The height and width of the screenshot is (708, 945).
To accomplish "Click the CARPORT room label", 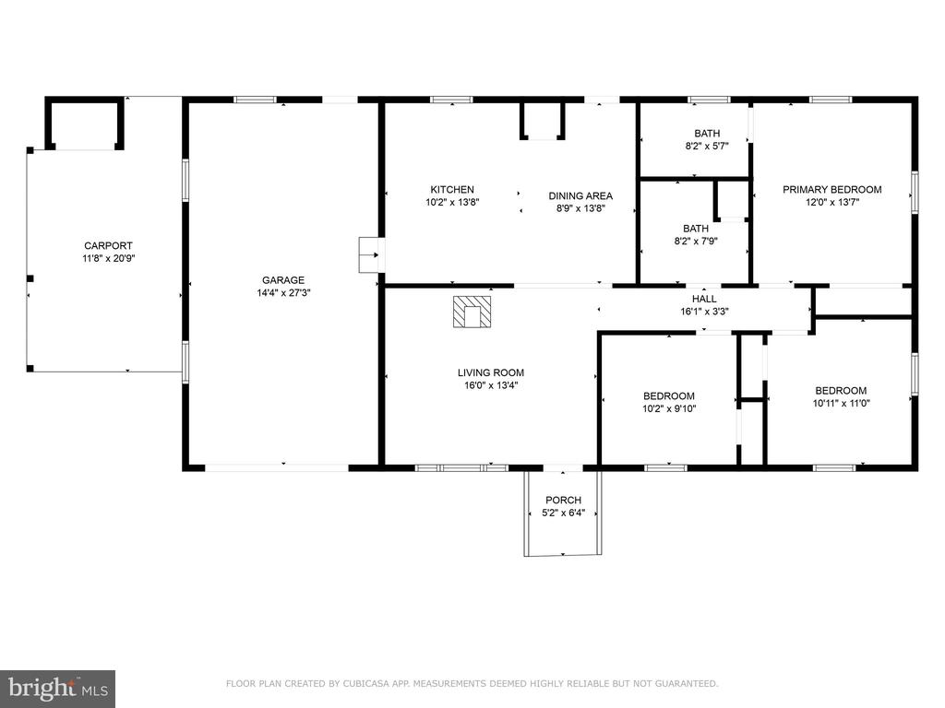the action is pos(108,245).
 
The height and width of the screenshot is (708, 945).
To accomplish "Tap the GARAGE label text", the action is pos(283,280).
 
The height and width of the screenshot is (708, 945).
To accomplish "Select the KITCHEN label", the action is pos(452,190).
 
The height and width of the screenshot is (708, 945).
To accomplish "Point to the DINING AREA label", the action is pos(580,195).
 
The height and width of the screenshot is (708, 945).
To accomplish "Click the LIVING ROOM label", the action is pos(491,372).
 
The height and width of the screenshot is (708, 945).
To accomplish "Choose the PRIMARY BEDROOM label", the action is pos(831,190).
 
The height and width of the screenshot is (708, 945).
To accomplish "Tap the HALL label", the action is pos(704,299).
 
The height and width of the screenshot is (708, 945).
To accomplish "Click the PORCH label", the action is pos(563,501).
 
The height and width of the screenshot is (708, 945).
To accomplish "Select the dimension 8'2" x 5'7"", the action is pos(707,146).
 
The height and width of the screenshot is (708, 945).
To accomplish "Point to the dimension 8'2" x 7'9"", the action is pos(696,242).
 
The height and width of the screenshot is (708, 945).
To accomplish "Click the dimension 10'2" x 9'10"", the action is pos(669,408).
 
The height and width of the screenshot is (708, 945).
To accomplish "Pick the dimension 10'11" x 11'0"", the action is pos(841,404).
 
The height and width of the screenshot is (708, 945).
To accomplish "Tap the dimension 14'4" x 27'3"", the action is pos(283,293).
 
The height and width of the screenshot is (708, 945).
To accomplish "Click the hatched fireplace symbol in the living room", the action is pos(472,312).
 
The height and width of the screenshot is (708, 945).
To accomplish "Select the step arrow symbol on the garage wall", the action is pos(372,254).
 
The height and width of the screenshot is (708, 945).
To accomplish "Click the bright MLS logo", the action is pos(58,689).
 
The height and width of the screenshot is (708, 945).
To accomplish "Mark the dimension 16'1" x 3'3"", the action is pos(704,312).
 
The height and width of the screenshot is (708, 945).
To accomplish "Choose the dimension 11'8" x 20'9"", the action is pos(109,259).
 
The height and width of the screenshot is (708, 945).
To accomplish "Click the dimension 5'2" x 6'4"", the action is pos(564,513).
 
